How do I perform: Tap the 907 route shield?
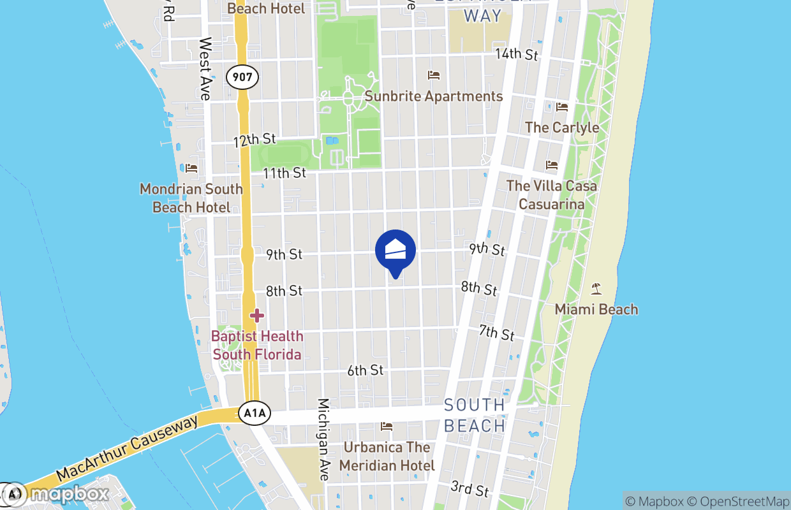[242, 78]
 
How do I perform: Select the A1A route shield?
[255, 414]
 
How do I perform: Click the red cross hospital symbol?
[257, 315]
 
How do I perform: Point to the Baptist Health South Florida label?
[257, 345]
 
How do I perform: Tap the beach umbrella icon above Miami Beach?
[596, 289]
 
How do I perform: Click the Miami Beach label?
[596, 310]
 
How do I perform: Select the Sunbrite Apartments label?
[434, 97]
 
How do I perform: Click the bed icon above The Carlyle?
[561, 106]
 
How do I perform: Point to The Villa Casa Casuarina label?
[552, 195]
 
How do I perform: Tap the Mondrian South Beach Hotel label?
[191, 198]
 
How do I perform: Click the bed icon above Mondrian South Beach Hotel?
[191, 168]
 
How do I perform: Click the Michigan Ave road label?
[324, 440]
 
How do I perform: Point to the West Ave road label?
[205, 68]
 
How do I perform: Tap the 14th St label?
[517, 54]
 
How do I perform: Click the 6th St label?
[366, 370]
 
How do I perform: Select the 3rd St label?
[469, 489]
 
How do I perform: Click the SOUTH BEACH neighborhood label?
[475, 415]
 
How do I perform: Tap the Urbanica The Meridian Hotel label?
[387, 456]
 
